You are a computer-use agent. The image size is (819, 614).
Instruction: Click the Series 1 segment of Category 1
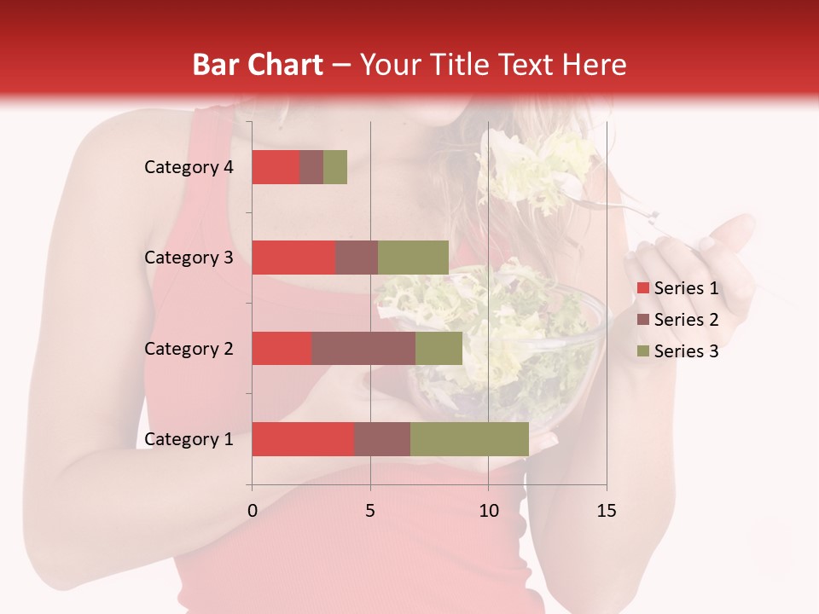303,439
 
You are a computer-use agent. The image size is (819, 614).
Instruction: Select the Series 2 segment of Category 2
363,348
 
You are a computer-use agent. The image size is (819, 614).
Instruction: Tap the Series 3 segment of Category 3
413,258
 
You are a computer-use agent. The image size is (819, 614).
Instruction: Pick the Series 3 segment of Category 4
335,167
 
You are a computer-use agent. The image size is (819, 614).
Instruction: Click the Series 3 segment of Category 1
469,439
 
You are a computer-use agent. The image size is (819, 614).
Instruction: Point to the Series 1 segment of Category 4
276,167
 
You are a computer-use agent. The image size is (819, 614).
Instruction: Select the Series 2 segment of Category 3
357,258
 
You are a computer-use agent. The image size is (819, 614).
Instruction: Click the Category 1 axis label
189,439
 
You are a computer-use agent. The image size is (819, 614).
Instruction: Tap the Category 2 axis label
189,348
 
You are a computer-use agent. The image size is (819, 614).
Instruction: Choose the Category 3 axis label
189,258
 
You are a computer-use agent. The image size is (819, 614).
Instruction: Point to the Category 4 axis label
189,167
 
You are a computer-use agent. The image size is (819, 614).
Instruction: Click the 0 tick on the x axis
253,511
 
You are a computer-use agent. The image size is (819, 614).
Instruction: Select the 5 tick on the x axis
370,511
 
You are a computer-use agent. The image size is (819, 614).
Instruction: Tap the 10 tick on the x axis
488,511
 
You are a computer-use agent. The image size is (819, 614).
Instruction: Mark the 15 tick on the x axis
607,511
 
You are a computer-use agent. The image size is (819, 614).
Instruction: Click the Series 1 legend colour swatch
642,288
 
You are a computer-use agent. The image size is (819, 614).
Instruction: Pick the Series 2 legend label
686,320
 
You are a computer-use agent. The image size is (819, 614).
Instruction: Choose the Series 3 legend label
686,351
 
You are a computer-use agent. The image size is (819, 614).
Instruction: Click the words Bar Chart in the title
257,64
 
